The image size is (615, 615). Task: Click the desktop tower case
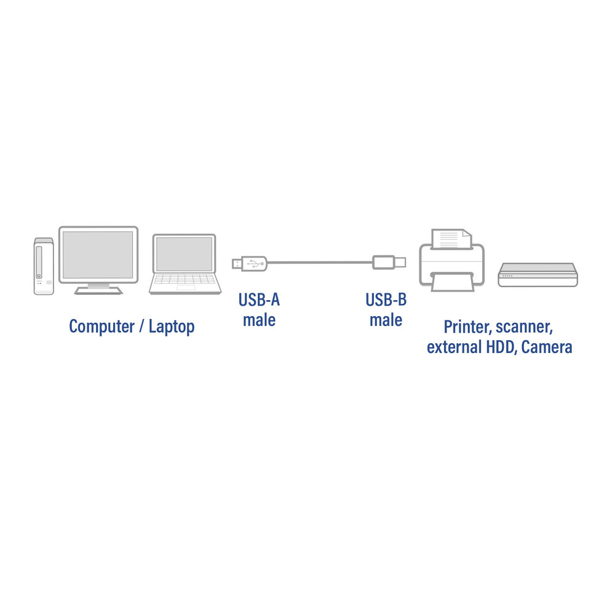point(44,266)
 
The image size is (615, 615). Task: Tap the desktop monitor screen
point(98,255)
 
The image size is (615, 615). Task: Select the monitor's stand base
point(98,291)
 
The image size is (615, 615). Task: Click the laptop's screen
point(184,254)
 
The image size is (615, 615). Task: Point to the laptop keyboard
point(184,279)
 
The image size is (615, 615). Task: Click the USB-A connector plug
point(250,263)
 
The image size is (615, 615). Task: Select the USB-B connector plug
point(389,263)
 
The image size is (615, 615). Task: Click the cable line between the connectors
point(320,263)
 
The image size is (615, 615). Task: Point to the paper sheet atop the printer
point(451,239)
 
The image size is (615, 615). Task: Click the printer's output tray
point(452,282)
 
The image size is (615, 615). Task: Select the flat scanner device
point(538,274)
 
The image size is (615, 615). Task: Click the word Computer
point(101,327)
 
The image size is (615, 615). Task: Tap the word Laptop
point(172,327)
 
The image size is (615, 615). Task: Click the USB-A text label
point(260,300)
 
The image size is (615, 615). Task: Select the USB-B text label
point(386,300)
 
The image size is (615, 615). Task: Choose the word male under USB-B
point(386,320)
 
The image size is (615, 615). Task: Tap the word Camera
point(547,347)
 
